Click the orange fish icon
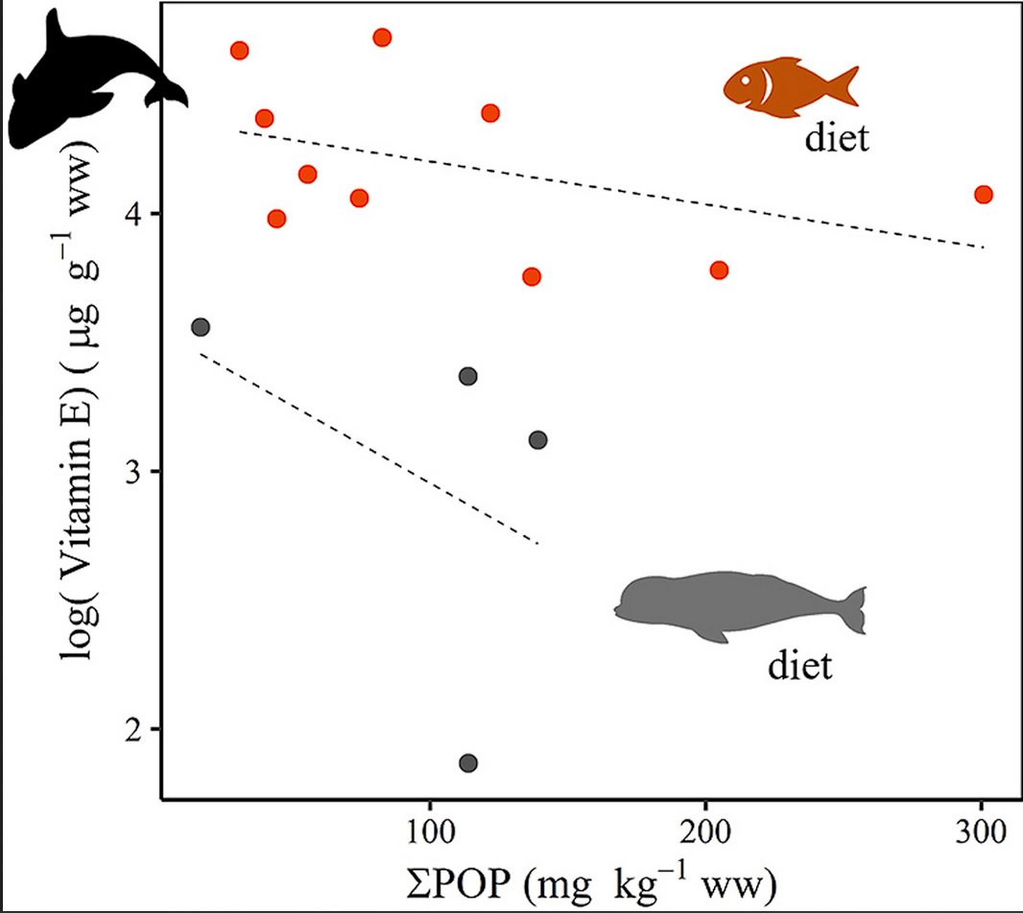789,86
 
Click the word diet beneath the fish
837,139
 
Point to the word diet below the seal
799,665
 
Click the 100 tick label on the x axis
429,828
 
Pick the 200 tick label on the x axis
705,828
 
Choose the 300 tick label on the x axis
981,828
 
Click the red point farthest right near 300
983,195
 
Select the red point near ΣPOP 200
719,270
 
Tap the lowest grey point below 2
468,763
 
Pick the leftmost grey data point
201,327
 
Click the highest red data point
382,37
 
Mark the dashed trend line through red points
611,189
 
